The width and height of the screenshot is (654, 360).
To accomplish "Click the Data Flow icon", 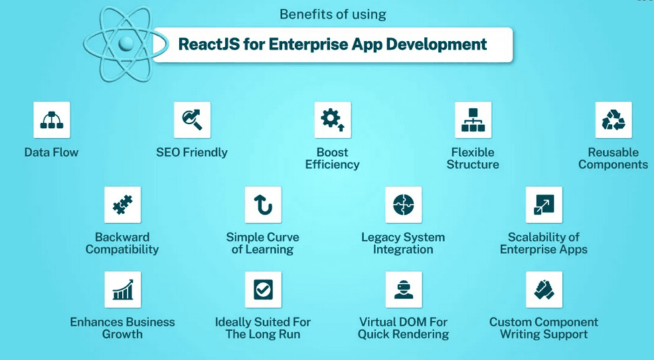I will [51, 120].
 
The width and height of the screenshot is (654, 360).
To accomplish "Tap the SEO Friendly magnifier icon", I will [192, 120].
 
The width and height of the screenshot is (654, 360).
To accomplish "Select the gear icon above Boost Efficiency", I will [332, 120].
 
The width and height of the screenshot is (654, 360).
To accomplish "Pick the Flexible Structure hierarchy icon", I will [473, 120].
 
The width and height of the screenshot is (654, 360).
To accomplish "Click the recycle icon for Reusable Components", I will [613, 120].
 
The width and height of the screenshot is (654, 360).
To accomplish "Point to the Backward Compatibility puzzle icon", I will [122, 205].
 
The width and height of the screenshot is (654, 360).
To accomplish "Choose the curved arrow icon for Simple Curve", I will [263, 205].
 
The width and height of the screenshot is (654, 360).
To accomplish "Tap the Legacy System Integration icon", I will [403, 205].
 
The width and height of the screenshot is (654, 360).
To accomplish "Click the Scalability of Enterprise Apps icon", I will [544, 205].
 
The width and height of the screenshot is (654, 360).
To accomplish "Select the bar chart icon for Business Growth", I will [122, 290].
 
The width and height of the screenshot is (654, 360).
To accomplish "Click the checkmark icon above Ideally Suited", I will [263, 290].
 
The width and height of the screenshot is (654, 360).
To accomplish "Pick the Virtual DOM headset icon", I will [403, 290].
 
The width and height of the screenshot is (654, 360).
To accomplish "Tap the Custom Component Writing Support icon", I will [544, 290].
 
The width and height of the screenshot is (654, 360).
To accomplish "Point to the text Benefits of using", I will [333, 14].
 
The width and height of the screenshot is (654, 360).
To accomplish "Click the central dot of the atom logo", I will [123, 43].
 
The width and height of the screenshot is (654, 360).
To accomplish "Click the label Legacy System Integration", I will [403, 243].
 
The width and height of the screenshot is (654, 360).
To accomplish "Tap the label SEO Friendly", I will [192, 152].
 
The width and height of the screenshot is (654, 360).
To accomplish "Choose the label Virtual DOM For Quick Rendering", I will [403, 328].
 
